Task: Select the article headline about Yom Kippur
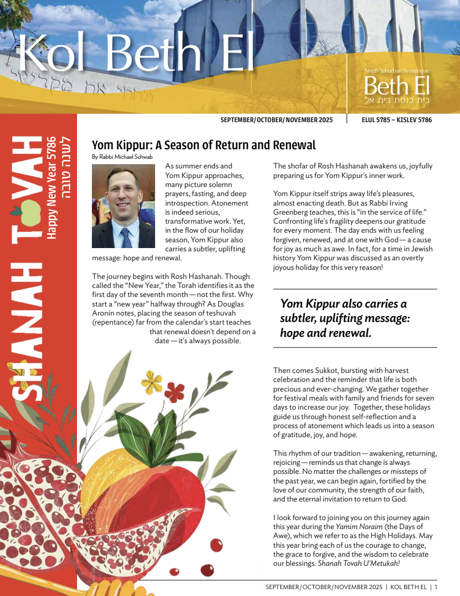pyautogui.click(x=203, y=145)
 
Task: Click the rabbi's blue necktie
pyautogui.click(x=125, y=236)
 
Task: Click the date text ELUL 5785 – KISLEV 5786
pyautogui.click(x=396, y=120)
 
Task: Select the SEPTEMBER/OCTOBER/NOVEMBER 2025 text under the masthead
pyautogui.click(x=276, y=120)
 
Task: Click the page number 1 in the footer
pyautogui.click(x=436, y=587)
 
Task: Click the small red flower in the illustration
pyautogui.click(x=174, y=393)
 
